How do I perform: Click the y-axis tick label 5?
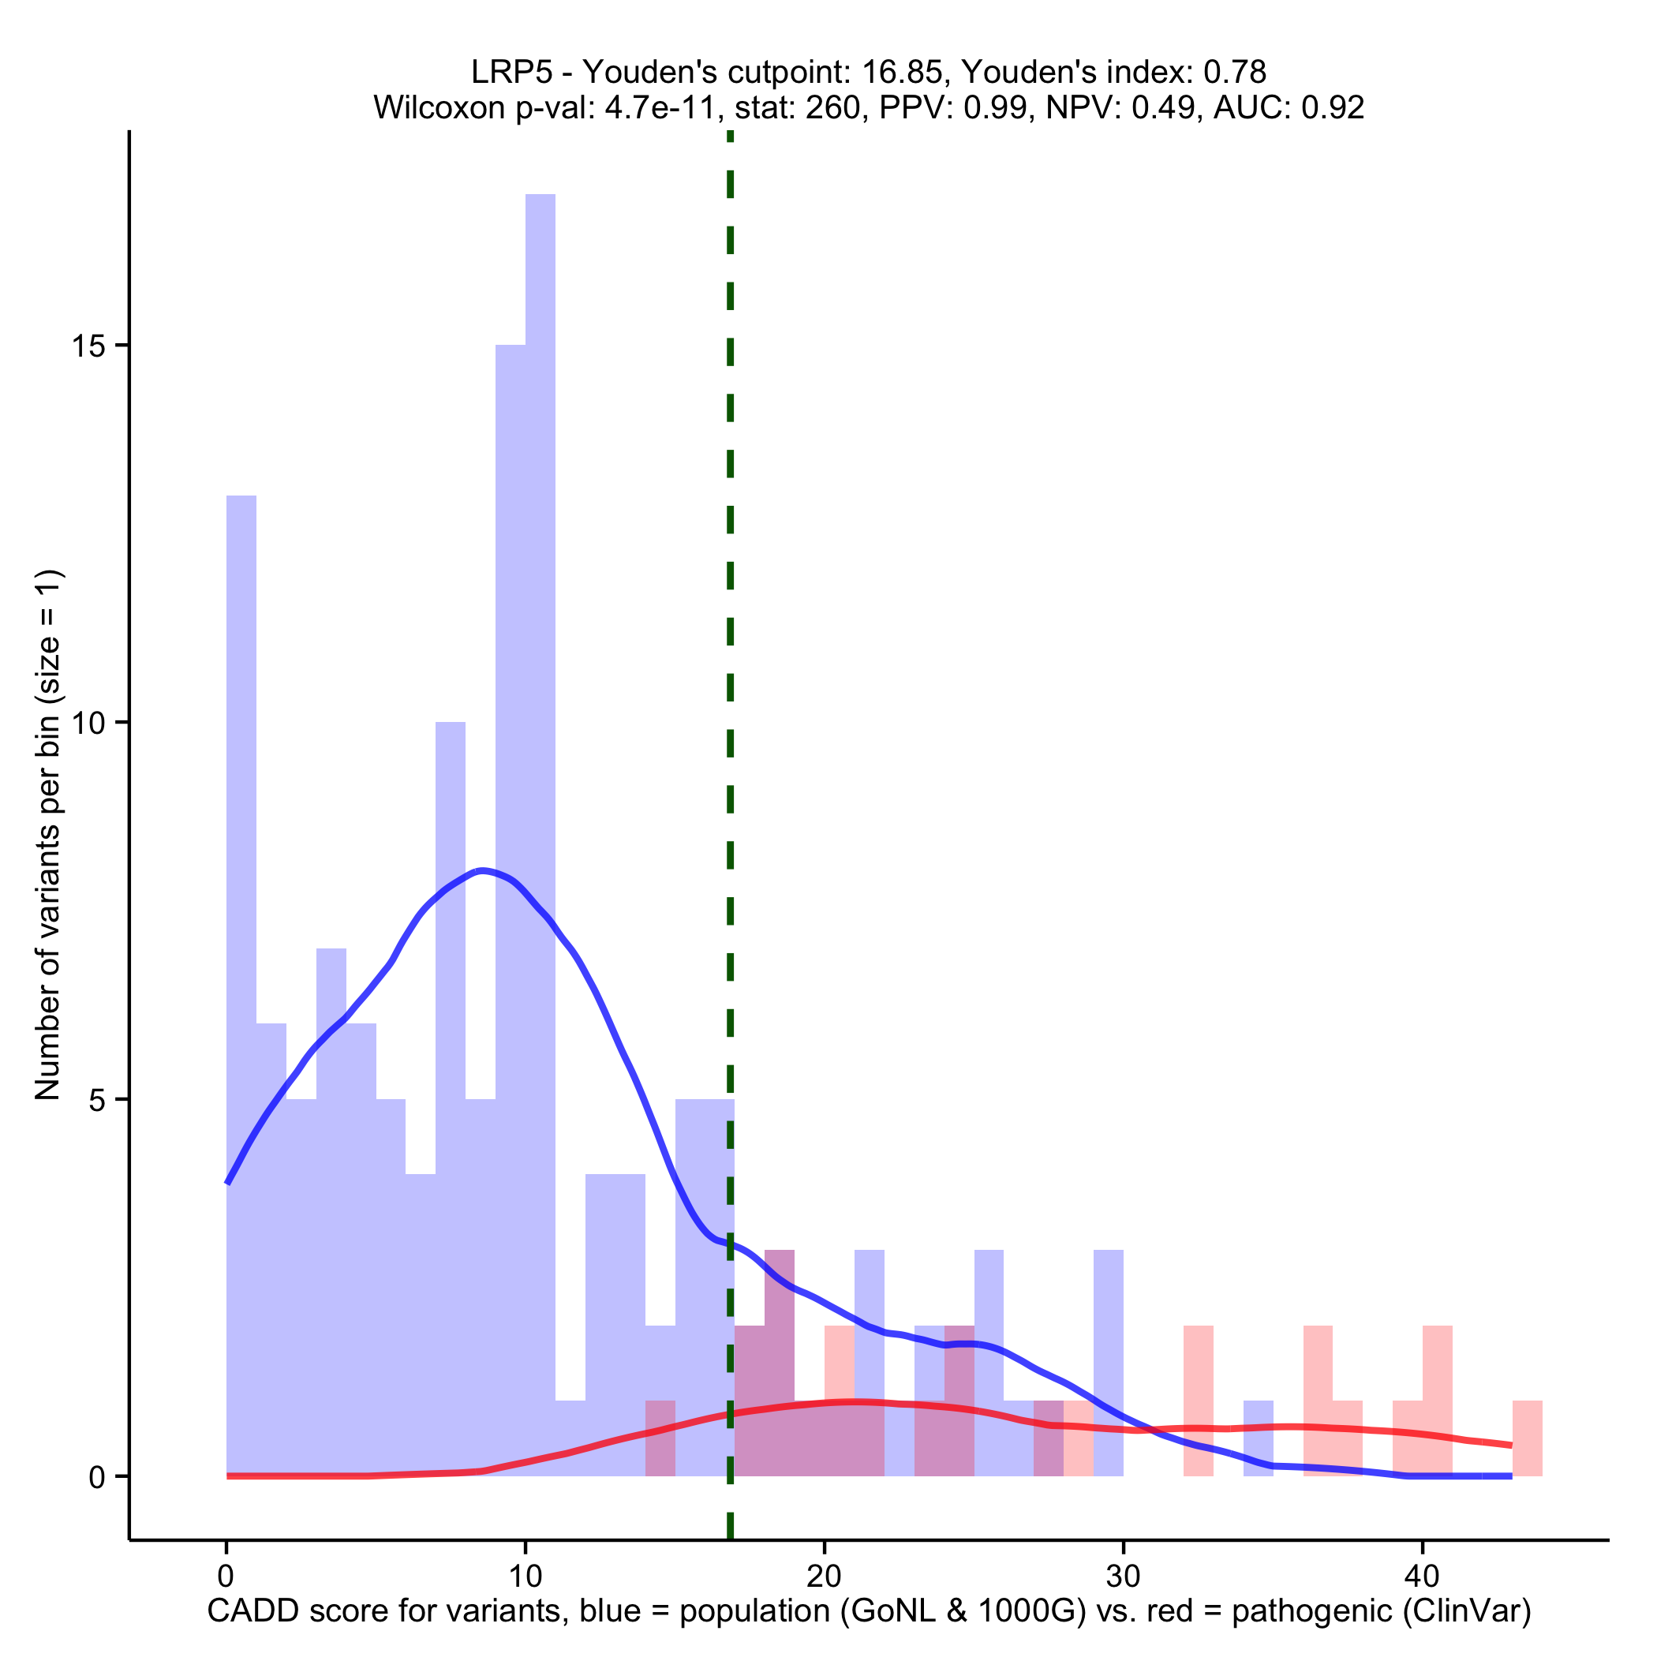coord(99,1099)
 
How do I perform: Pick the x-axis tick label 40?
coord(1422,1575)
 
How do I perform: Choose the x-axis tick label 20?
coord(823,1575)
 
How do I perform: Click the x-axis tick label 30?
coord(1123,1575)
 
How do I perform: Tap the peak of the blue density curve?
coord(483,870)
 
